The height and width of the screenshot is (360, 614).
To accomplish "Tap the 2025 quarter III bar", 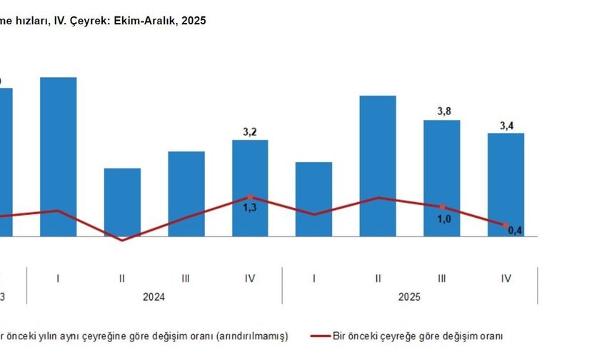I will [x=442, y=178].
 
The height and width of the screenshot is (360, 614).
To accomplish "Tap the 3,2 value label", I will [x=251, y=131].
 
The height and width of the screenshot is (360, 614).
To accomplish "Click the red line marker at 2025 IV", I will [x=505, y=225].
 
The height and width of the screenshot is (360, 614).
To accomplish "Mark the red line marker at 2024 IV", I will [x=250, y=196].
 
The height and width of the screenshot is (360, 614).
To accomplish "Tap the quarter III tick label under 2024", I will [x=186, y=279].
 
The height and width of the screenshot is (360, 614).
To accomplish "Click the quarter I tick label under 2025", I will [x=313, y=279].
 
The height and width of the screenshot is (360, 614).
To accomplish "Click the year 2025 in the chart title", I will [x=193, y=21].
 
